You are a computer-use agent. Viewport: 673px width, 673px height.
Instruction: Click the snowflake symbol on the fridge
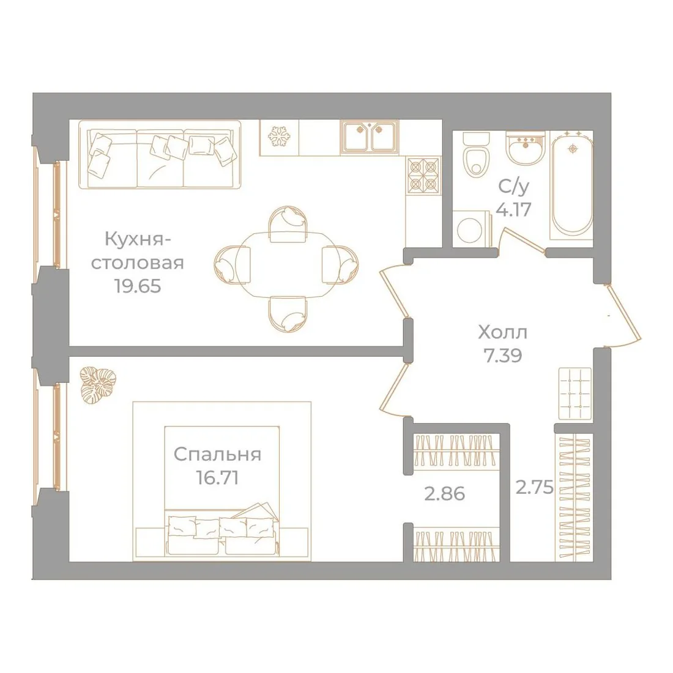(278, 136)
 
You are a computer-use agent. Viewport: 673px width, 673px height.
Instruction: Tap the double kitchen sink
(370, 136)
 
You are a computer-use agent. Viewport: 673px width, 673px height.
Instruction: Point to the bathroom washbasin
(524, 147)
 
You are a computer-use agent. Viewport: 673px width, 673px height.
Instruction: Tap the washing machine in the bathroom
(471, 229)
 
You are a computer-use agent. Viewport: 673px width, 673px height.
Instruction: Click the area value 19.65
(138, 286)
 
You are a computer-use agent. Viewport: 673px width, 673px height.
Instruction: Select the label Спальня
(218, 455)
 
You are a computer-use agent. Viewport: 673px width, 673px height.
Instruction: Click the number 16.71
(217, 477)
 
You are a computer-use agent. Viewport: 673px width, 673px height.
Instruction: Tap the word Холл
(502, 332)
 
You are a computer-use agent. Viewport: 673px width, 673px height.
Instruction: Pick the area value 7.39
(502, 355)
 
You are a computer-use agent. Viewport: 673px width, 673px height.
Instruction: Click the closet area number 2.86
(445, 494)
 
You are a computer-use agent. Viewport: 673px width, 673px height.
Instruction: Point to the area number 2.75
(534, 487)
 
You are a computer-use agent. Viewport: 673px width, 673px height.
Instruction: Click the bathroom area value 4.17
(514, 209)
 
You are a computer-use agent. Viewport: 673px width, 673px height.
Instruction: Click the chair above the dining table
(288, 223)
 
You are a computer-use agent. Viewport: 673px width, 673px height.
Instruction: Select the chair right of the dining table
(340, 265)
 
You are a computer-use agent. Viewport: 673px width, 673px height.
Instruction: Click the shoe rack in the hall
(576, 393)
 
